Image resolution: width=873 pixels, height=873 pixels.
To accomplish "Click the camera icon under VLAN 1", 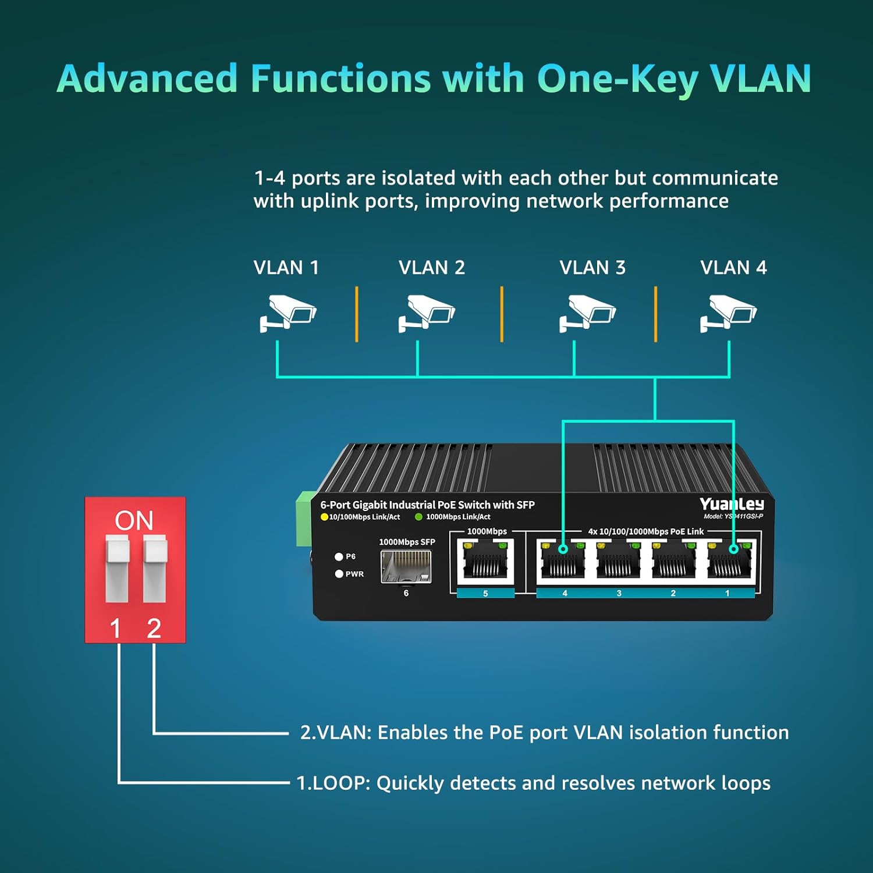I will pyautogui.click(x=288, y=314).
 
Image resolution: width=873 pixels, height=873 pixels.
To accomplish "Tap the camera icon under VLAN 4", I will pyautogui.click(x=728, y=314).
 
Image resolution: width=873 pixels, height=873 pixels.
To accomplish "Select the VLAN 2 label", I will pyautogui.click(x=432, y=268).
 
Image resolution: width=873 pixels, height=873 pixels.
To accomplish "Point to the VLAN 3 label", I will pyautogui.click(x=592, y=268).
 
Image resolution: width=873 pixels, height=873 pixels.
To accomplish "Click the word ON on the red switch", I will pyautogui.click(x=134, y=520).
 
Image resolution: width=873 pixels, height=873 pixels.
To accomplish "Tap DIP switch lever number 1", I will pyautogui.click(x=116, y=569).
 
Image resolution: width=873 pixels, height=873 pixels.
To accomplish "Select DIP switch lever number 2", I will pyautogui.click(x=155, y=569).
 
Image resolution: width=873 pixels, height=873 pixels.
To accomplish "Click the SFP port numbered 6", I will pyautogui.click(x=406, y=566).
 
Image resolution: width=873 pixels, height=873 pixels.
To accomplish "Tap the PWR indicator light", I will pyautogui.click(x=339, y=574).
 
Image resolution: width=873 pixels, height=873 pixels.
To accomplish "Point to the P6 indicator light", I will pyautogui.click(x=339, y=556).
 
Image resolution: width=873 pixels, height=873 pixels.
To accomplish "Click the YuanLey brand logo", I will pyautogui.click(x=732, y=504).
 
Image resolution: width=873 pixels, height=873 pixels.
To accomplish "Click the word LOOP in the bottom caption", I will pyautogui.click(x=340, y=783).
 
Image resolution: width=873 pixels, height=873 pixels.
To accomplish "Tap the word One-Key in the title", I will pyautogui.click(x=617, y=79).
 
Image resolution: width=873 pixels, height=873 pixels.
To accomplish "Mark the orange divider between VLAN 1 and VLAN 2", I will pyautogui.click(x=357, y=314).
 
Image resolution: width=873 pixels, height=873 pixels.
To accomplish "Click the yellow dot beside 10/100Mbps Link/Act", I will pyautogui.click(x=324, y=517).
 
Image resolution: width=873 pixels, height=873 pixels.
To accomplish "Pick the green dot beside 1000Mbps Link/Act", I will pyautogui.click(x=418, y=517).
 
